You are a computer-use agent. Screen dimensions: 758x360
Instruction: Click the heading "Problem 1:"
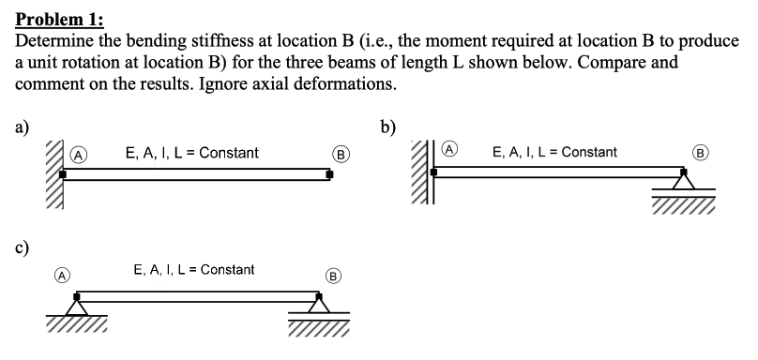click(59, 20)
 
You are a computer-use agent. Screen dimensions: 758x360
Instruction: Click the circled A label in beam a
click(78, 155)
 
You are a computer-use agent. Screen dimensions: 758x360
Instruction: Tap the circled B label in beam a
click(341, 155)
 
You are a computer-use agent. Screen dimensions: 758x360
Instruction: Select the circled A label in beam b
click(450, 149)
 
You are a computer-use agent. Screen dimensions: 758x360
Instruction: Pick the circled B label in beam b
click(700, 153)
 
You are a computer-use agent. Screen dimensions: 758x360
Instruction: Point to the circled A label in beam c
click(61, 275)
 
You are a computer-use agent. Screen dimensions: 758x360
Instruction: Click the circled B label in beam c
click(333, 276)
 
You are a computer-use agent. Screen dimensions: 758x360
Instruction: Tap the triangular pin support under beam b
click(684, 181)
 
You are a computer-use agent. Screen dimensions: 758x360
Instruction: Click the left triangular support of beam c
click(77, 307)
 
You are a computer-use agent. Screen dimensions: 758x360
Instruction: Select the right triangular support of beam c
click(319, 305)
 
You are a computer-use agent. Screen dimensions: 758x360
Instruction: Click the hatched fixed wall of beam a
click(54, 174)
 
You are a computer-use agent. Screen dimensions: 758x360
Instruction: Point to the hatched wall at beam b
click(420, 172)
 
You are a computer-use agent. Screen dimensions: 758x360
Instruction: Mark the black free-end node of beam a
click(329, 174)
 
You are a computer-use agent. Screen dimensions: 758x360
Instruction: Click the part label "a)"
click(23, 127)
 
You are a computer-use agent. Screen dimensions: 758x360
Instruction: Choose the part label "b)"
click(387, 127)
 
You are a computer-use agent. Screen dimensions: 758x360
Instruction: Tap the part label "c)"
click(23, 247)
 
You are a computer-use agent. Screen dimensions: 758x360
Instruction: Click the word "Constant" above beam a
click(229, 153)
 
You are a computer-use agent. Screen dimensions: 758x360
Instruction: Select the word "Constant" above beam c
click(227, 270)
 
